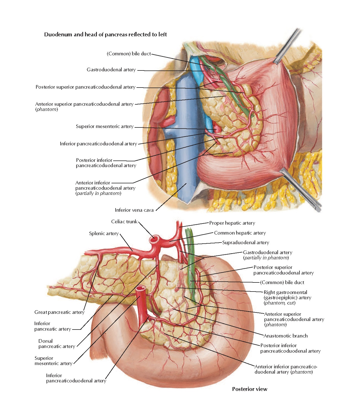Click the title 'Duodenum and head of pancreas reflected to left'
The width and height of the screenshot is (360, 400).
[105, 35]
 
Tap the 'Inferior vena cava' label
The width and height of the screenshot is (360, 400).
[134, 210]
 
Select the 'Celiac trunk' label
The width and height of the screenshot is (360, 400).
[124, 222]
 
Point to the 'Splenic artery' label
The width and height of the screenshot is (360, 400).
[104, 233]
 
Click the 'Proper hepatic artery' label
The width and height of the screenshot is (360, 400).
[232, 223]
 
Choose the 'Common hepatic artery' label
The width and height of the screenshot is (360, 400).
[240, 233]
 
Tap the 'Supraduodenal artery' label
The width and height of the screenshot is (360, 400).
[246, 243]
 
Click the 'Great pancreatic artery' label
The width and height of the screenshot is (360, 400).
[59, 312]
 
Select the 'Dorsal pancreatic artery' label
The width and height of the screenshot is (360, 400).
[56, 344]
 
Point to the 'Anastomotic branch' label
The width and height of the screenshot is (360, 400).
[285, 336]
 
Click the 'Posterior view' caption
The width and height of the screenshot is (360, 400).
[250, 389]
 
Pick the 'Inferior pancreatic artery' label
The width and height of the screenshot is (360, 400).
[52, 326]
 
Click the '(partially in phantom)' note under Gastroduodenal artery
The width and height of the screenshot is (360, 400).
[266, 258]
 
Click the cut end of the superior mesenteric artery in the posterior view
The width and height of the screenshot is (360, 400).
[141, 289]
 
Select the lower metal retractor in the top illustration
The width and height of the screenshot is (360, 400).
[300, 190]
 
